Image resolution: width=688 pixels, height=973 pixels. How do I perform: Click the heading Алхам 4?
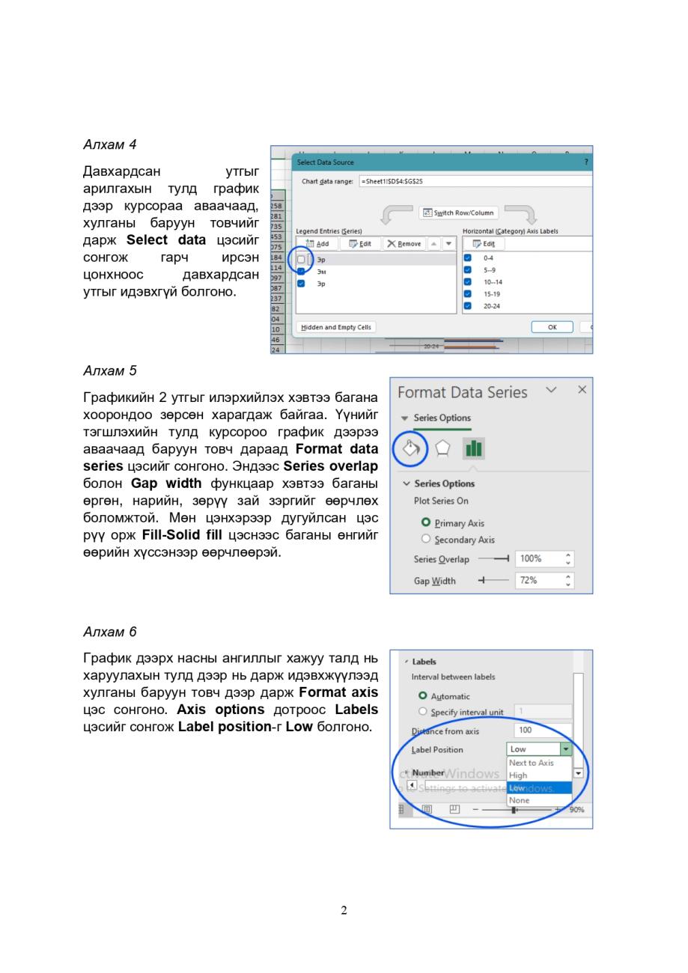[x=109, y=144]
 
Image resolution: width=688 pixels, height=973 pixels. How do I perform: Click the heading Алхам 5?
[x=109, y=370]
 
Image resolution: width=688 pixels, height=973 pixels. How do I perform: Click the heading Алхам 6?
[x=109, y=632]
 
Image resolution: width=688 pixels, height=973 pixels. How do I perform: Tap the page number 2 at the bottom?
[x=344, y=910]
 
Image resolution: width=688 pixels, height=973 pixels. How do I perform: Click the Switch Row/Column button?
[x=459, y=213]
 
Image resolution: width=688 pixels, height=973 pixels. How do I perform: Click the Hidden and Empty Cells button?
[x=336, y=327]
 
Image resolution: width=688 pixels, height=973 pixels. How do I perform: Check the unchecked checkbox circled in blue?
[x=301, y=259]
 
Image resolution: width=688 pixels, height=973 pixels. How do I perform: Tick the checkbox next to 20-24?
[x=468, y=306]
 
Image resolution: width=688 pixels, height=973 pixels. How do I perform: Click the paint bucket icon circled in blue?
[x=410, y=448]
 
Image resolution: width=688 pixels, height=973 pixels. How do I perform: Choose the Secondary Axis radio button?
[x=426, y=539]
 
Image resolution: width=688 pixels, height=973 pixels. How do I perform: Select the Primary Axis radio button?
[x=426, y=522]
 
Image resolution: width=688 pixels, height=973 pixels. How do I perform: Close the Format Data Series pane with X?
[x=582, y=390]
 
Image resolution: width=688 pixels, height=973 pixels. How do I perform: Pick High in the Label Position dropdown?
[x=518, y=775]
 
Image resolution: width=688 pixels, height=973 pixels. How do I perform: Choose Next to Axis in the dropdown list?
[x=531, y=763]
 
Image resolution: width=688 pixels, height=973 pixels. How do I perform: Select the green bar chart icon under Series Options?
[x=474, y=448]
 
